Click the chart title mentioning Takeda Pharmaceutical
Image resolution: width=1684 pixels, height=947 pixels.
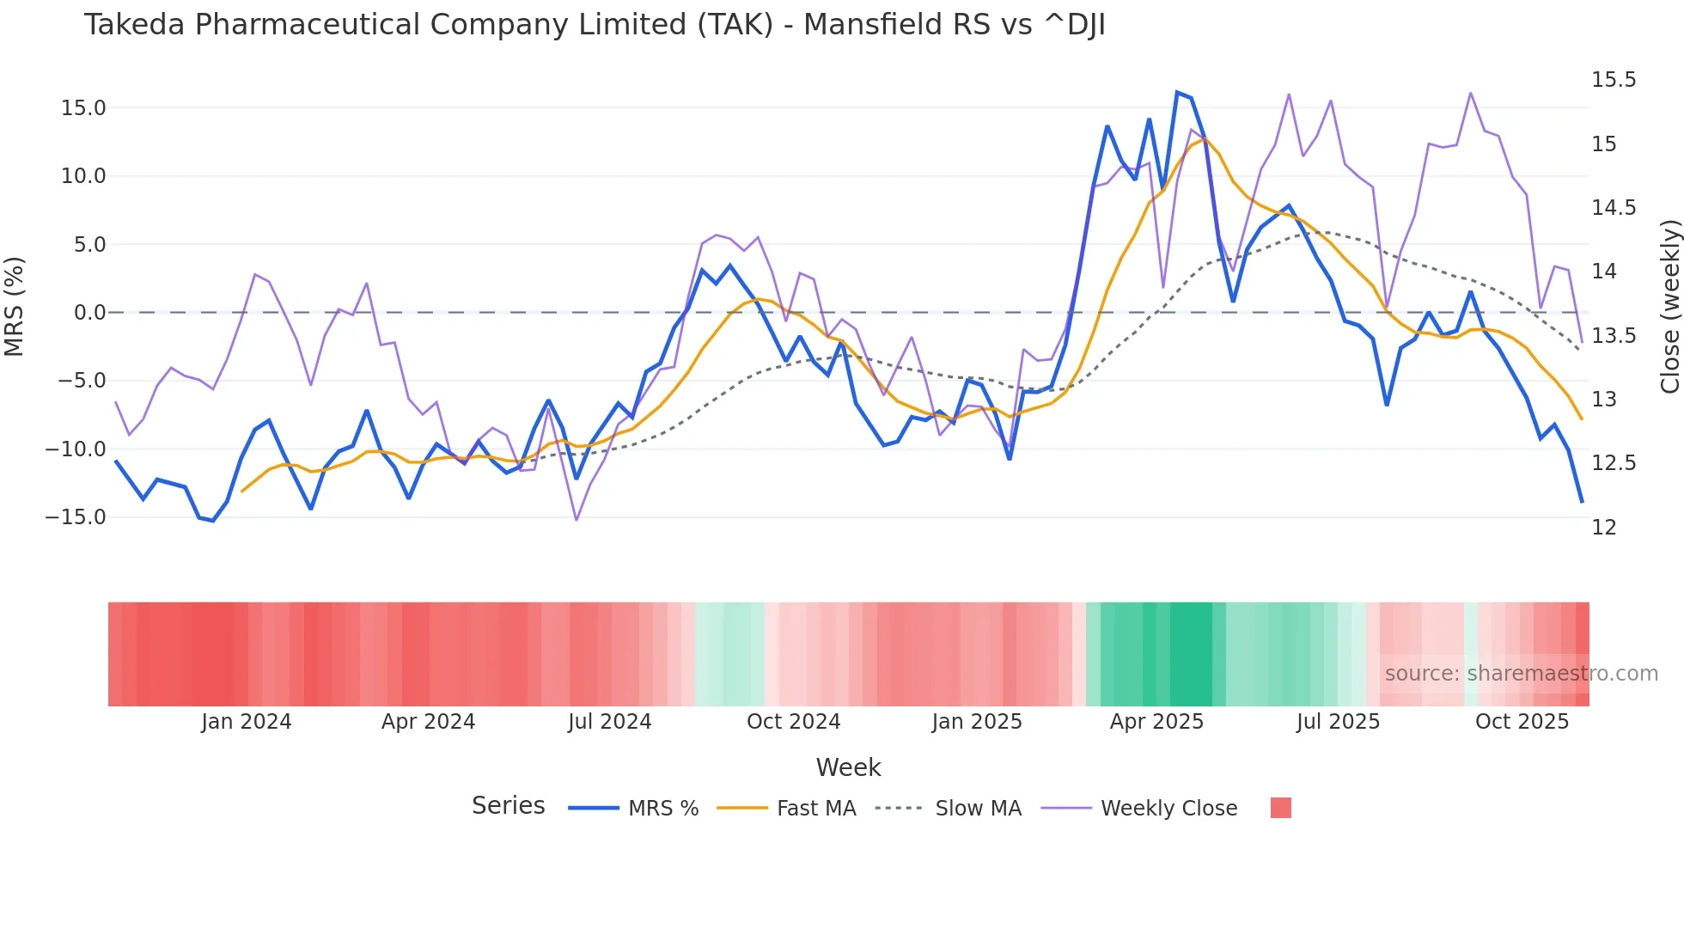click(x=594, y=25)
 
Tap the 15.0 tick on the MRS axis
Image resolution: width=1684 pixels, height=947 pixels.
click(x=83, y=108)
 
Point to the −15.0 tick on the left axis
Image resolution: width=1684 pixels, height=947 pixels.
click(x=76, y=517)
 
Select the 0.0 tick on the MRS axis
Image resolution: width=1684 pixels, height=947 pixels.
click(x=89, y=313)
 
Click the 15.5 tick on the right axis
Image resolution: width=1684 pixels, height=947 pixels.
click(x=1614, y=80)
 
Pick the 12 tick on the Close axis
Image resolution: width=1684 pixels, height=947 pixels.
click(x=1604, y=528)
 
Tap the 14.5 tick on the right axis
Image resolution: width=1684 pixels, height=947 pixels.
click(x=1614, y=208)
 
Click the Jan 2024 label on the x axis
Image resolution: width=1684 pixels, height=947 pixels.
click(x=247, y=722)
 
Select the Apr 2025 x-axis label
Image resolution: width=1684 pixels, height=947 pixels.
click(x=1156, y=722)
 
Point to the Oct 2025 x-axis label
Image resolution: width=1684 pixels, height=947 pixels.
click(x=1522, y=722)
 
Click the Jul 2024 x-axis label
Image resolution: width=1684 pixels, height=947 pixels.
click(x=609, y=722)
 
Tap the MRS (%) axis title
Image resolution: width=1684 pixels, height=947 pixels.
click(x=15, y=307)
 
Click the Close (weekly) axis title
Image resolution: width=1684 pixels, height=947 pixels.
click(x=1669, y=307)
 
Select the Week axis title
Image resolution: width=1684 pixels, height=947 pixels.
click(x=848, y=767)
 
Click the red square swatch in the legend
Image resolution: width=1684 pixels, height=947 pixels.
click(x=1280, y=808)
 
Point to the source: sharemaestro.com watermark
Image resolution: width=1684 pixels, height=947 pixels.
click(x=1521, y=674)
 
